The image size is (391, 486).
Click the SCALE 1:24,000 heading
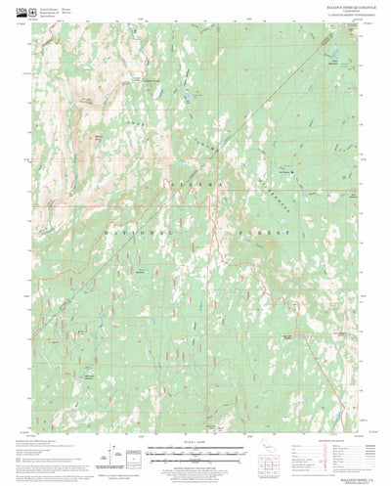pos(195,441)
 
